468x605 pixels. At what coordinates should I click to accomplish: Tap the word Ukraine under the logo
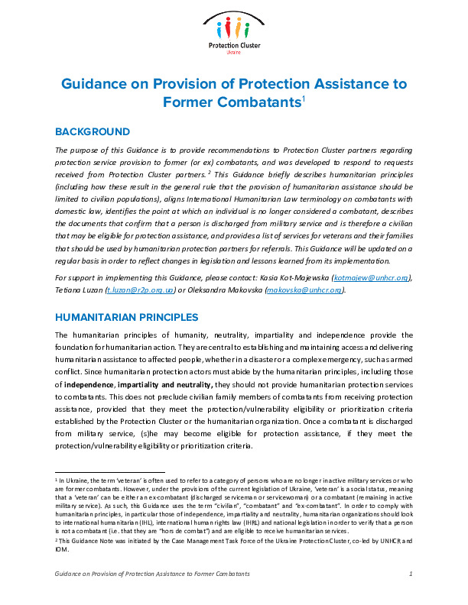click(x=234, y=53)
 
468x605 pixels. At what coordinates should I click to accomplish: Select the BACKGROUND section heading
click(x=93, y=132)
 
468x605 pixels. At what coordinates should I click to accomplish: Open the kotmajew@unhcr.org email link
click(x=376, y=278)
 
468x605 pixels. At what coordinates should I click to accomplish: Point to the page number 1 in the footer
click(x=411, y=574)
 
